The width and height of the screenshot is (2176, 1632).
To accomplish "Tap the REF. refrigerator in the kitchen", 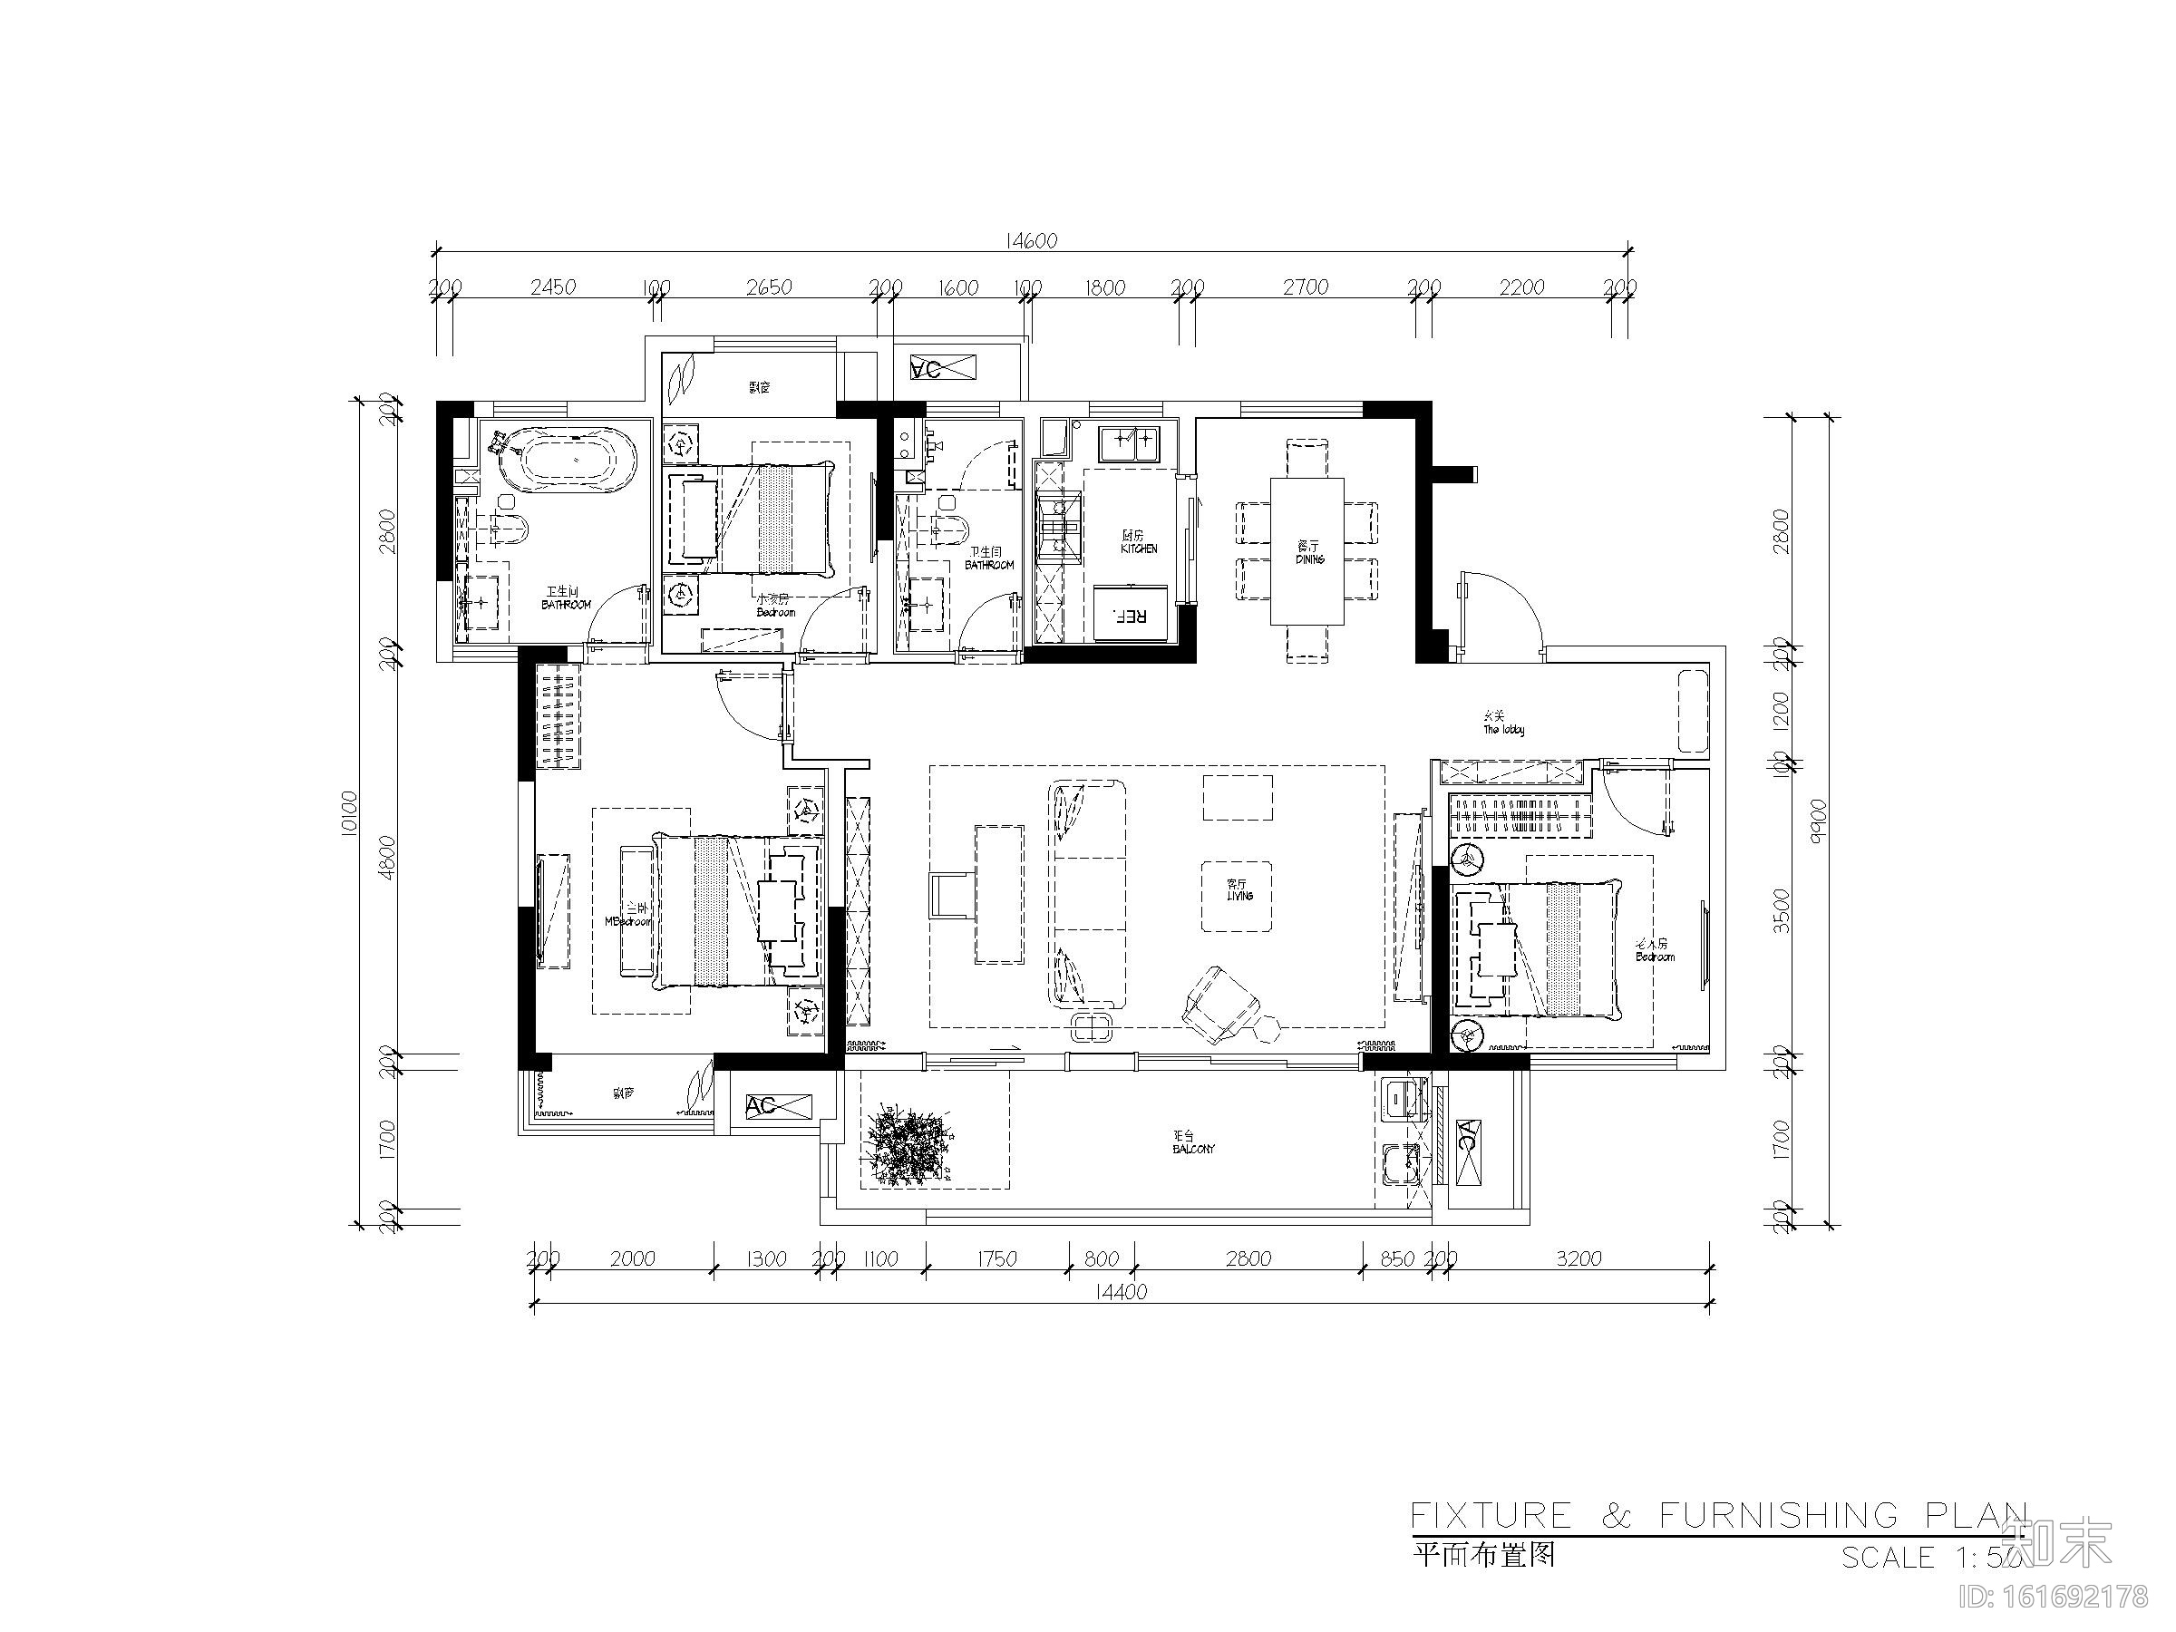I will pyautogui.click(x=1132, y=615).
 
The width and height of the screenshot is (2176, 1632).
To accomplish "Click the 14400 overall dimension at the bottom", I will pyautogui.click(x=1121, y=1292).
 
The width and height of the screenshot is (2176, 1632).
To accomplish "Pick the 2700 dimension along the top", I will pyautogui.click(x=1306, y=287).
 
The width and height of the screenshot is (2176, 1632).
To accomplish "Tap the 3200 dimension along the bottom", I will pyautogui.click(x=1578, y=1258).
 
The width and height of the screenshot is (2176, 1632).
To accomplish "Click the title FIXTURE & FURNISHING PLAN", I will pyautogui.click(x=1716, y=1516).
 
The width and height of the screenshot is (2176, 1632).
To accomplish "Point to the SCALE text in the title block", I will pyautogui.click(x=1887, y=1558).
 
